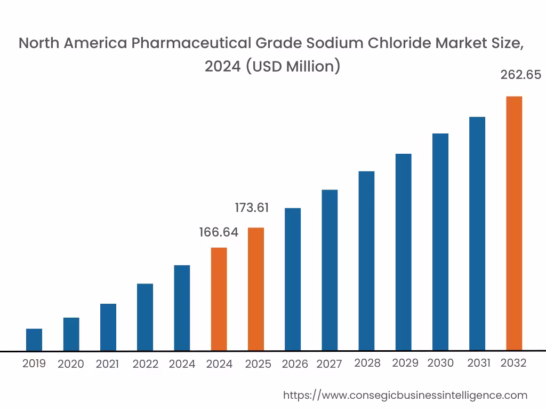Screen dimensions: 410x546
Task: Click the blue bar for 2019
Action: [x=34, y=340]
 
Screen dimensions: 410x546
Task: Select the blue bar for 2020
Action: [x=71, y=334]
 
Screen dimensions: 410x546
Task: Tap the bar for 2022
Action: [x=145, y=317]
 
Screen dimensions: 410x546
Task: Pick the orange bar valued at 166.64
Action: [x=219, y=299]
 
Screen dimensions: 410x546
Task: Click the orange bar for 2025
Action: [x=256, y=289]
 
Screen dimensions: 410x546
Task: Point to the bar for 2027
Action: [x=330, y=270]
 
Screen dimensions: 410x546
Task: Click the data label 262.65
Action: [x=520, y=75]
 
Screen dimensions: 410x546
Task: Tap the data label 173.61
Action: [x=252, y=208]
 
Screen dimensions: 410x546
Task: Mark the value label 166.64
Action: [x=219, y=232]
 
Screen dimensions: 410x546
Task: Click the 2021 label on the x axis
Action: [x=107, y=364]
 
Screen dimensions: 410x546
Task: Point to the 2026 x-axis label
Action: [x=295, y=364]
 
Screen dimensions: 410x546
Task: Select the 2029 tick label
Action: [x=405, y=363]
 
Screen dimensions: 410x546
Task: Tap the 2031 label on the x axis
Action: [x=479, y=363]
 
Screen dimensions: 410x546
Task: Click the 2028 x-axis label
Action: [x=367, y=363]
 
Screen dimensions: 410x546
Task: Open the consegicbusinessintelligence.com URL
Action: [x=405, y=395]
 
